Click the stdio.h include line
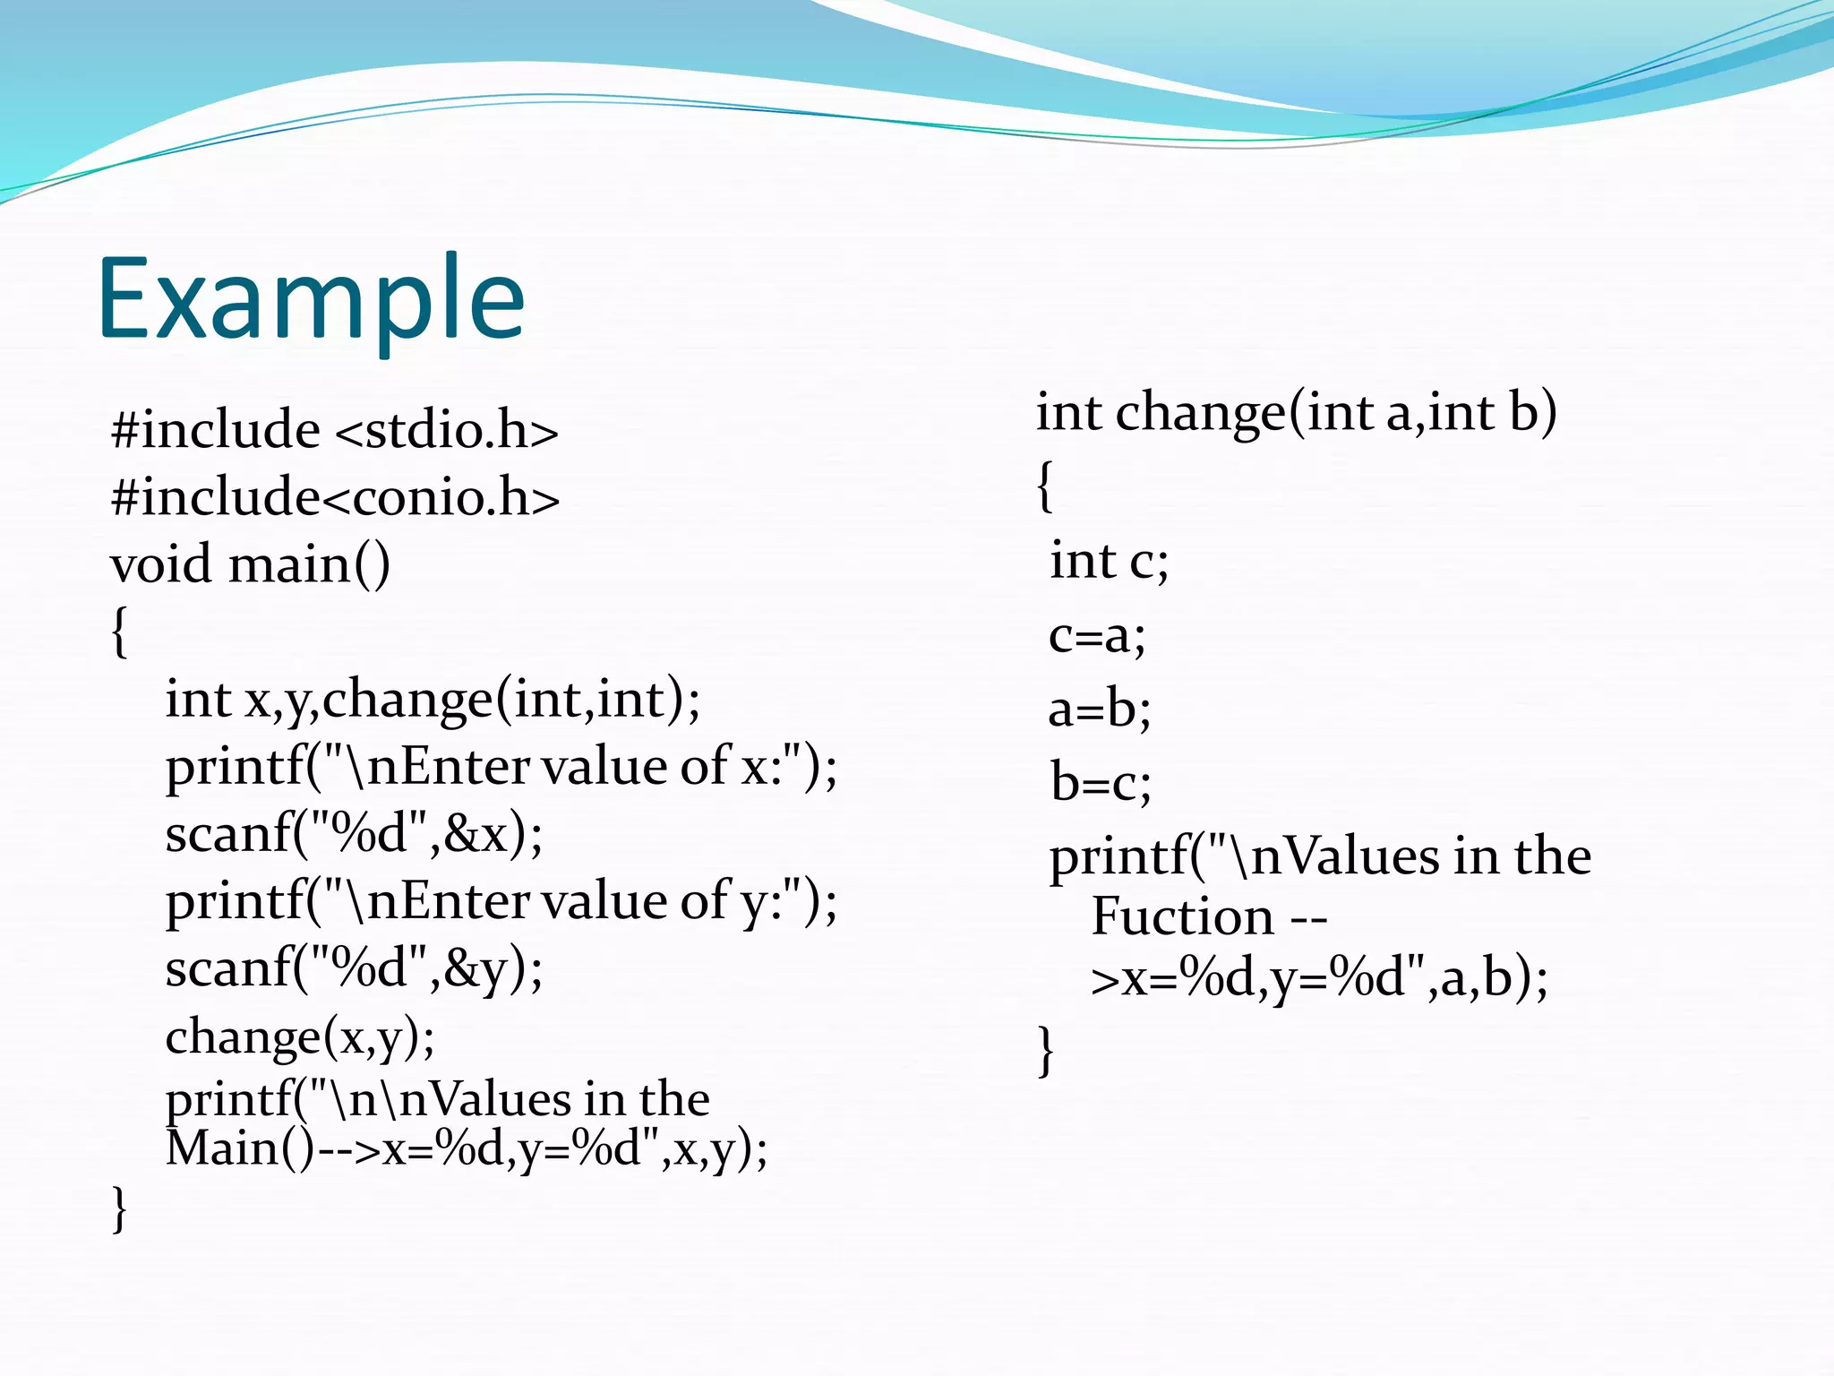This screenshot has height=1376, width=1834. click(334, 430)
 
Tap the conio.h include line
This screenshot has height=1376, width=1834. click(335, 497)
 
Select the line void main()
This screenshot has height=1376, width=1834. click(250, 565)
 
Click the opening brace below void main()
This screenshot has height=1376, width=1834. click(119, 632)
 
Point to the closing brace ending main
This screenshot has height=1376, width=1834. click(119, 1209)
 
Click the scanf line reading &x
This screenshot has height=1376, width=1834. click(354, 834)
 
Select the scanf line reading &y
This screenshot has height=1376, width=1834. click(354, 968)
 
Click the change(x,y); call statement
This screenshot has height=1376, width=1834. click(300, 1037)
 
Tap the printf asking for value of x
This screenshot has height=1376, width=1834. click(501, 767)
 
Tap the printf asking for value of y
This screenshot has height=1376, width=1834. click(501, 901)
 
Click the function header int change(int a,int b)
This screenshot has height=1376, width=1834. click(1296, 413)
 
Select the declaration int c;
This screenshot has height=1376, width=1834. click(1109, 562)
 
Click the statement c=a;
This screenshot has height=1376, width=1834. click(1097, 636)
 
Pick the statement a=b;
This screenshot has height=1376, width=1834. click(1100, 709)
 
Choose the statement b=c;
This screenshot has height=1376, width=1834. click(1101, 783)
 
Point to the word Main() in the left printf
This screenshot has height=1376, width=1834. click(240, 1149)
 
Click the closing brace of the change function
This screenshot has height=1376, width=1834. click(1045, 1050)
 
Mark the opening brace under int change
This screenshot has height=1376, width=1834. click(1045, 486)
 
